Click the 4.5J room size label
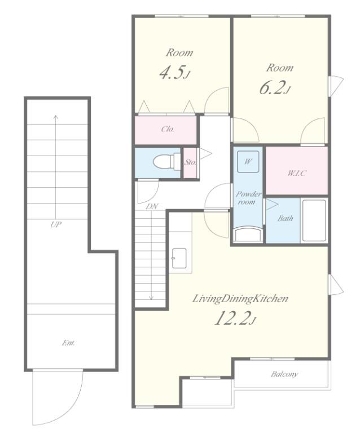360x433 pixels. pyautogui.click(x=175, y=73)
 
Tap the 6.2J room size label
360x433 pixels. pyautogui.click(x=275, y=88)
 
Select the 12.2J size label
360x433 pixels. pyautogui.click(x=235, y=318)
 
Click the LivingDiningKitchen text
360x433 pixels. pyautogui.click(x=240, y=298)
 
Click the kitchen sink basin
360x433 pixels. pyautogui.click(x=179, y=258)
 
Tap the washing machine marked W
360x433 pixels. pyautogui.click(x=248, y=162)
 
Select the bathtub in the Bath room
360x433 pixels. pyautogui.click(x=314, y=220)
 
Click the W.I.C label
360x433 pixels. pyautogui.click(x=297, y=174)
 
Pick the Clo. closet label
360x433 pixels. pyautogui.click(x=168, y=129)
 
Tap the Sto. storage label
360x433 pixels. pyautogui.click(x=190, y=162)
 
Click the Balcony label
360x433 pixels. pyautogui.click(x=284, y=374)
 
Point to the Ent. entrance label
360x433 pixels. pyautogui.click(x=68, y=343)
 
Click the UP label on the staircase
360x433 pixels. pyautogui.click(x=56, y=224)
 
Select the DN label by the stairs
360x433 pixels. pyautogui.click(x=152, y=206)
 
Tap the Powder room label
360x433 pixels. pyautogui.click(x=248, y=198)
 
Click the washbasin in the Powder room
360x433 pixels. pyautogui.click(x=248, y=235)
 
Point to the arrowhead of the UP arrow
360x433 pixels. pyautogui.click(x=56, y=117)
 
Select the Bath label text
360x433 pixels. pyautogui.click(x=285, y=218)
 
